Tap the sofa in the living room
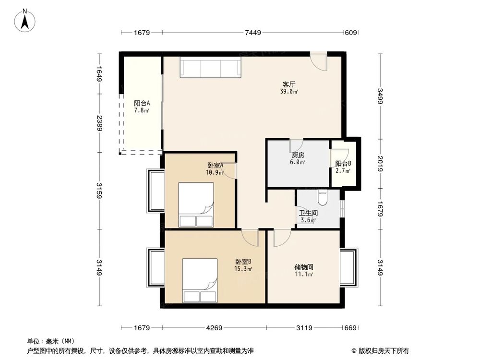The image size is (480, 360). click(x=210, y=67)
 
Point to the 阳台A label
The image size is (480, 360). click(x=142, y=103)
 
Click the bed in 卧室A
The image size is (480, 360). click(x=196, y=204)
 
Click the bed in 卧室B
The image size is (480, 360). click(x=200, y=280)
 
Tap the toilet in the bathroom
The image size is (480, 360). click(x=322, y=198)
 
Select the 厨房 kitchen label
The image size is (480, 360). click(x=298, y=156)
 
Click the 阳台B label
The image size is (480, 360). click(x=343, y=163)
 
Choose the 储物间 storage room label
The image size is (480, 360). click(x=304, y=267)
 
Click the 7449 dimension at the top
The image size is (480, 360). click(x=252, y=33)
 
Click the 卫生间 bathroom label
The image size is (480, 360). click(x=308, y=213)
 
